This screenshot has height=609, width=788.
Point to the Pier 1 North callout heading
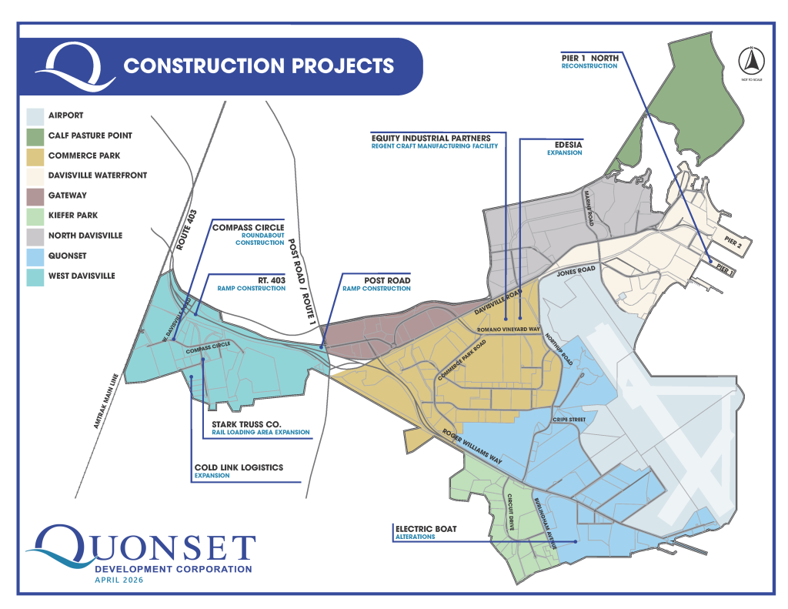point(589,57)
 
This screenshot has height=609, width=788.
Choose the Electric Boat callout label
point(426,529)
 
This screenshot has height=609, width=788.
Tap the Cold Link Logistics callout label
point(239,467)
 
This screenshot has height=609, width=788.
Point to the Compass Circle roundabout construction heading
point(248,227)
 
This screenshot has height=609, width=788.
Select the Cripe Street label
point(569,420)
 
